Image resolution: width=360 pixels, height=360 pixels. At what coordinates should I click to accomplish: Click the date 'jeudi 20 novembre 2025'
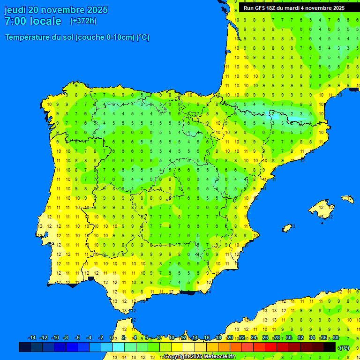tap(56, 10)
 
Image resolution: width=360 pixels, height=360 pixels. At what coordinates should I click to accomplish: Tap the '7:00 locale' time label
tap(33, 21)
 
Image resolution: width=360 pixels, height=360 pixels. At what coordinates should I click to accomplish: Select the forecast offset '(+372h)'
tap(83, 21)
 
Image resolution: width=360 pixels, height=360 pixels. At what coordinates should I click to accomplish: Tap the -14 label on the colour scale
tap(32, 338)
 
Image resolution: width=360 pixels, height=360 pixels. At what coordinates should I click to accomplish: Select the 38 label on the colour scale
tap(336, 338)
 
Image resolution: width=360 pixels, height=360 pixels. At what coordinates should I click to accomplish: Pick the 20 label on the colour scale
tap(230, 338)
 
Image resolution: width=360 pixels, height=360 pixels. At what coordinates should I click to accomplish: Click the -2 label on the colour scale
tap(100, 338)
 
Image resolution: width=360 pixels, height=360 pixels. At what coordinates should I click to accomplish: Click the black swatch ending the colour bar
tap(330, 347)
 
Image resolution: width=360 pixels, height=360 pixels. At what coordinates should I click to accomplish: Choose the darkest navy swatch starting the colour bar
tap(25, 347)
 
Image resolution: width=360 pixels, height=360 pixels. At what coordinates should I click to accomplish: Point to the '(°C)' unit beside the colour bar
tap(344, 348)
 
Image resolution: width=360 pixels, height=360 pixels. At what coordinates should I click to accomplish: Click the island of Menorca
tap(348, 199)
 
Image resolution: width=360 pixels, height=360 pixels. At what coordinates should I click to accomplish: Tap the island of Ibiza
tap(287, 227)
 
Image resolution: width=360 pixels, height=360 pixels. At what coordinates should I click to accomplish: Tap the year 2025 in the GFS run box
tap(337, 8)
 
